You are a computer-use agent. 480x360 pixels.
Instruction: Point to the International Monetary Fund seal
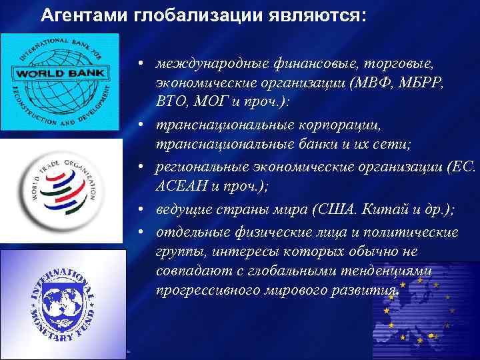click(x=61, y=303)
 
